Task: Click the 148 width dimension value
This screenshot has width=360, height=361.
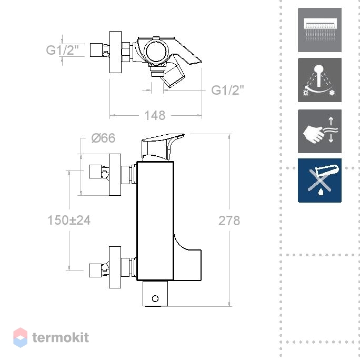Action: [155, 115]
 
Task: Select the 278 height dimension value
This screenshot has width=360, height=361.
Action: [229, 220]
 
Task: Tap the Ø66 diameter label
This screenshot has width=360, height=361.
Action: [103, 138]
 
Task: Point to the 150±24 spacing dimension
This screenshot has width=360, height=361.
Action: [69, 220]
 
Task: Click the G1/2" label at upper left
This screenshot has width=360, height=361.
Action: [63, 50]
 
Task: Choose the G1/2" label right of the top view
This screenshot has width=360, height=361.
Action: [227, 90]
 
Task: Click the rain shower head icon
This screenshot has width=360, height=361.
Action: [319, 30]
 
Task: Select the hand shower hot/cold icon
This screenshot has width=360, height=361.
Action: [319, 80]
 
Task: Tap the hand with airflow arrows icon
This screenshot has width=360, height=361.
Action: [319, 131]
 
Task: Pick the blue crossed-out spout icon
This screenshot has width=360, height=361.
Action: [319, 180]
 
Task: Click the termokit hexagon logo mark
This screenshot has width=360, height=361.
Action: [21, 337]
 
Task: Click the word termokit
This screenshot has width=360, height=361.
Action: [61, 337]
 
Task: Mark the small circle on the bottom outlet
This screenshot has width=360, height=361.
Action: [155, 298]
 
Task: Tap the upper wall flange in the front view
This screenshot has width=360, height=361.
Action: [115, 175]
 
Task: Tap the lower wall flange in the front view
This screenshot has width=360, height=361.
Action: [115, 267]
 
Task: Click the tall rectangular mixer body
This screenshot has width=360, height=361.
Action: [155, 221]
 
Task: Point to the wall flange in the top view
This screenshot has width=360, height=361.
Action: [115, 52]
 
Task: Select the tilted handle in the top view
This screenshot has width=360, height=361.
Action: [173, 71]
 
